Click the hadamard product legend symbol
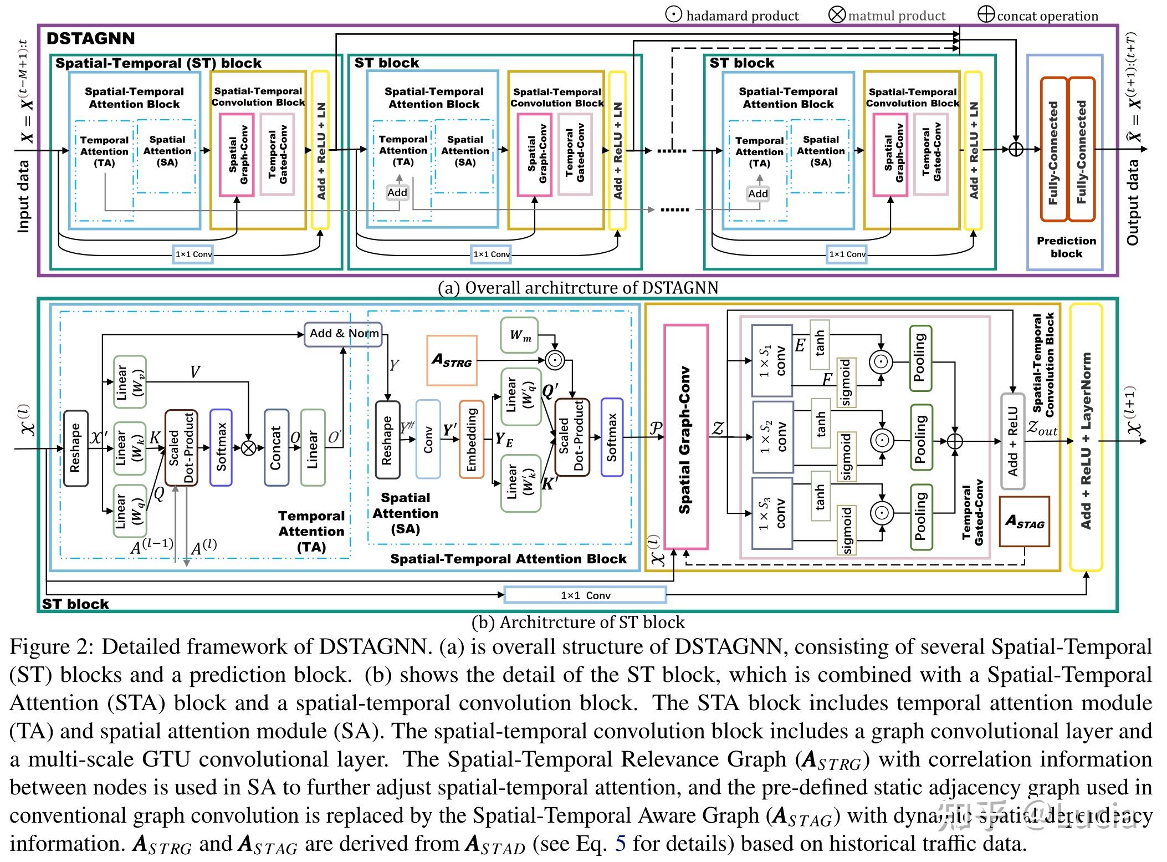pos(674,14)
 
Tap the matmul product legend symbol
pos(837,14)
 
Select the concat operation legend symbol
pos(986,14)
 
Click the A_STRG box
pos(452,360)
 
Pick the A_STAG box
pos(1024,522)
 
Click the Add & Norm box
pos(344,334)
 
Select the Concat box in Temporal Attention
pos(276,447)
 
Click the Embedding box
pos(472,439)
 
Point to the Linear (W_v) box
pos(130,382)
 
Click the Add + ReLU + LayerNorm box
pos(1086,437)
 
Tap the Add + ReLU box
pos(1013,441)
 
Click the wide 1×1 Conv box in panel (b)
pos(585,595)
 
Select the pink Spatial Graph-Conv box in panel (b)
pos(685,436)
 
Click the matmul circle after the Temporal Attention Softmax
pos(249,447)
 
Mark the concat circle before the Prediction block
pos(1015,149)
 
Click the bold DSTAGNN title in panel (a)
pos(91,38)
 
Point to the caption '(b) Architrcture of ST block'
pos(578,623)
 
